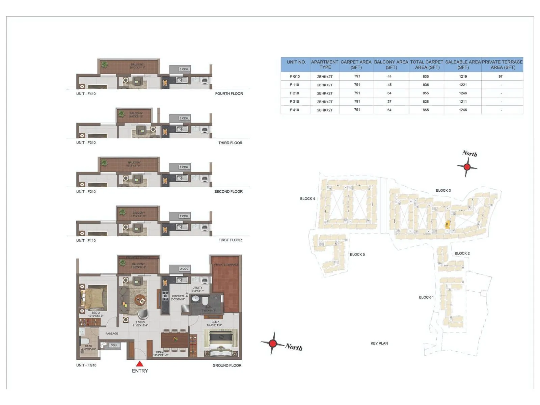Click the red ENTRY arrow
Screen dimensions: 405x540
coord(140,364)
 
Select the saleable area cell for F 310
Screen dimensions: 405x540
coord(463,102)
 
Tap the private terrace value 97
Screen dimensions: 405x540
coord(500,77)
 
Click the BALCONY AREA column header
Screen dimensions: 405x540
coord(391,64)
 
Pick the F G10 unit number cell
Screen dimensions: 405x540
coord(295,77)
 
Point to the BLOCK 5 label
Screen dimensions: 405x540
coord(357,254)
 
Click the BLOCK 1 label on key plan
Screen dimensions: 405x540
coord(426,297)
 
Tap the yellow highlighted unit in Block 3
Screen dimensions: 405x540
coord(447,224)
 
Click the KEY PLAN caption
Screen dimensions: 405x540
coord(379,343)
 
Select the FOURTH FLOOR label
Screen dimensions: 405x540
coord(229,93)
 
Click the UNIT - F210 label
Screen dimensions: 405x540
coord(86,192)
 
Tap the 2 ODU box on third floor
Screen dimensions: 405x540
coord(184,118)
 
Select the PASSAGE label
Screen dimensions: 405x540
coord(112,333)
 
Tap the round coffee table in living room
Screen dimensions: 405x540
coord(140,300)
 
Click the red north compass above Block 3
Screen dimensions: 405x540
coord(467,167)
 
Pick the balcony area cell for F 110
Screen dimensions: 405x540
coord(389,85)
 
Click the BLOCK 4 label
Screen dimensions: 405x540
coord(307,199)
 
